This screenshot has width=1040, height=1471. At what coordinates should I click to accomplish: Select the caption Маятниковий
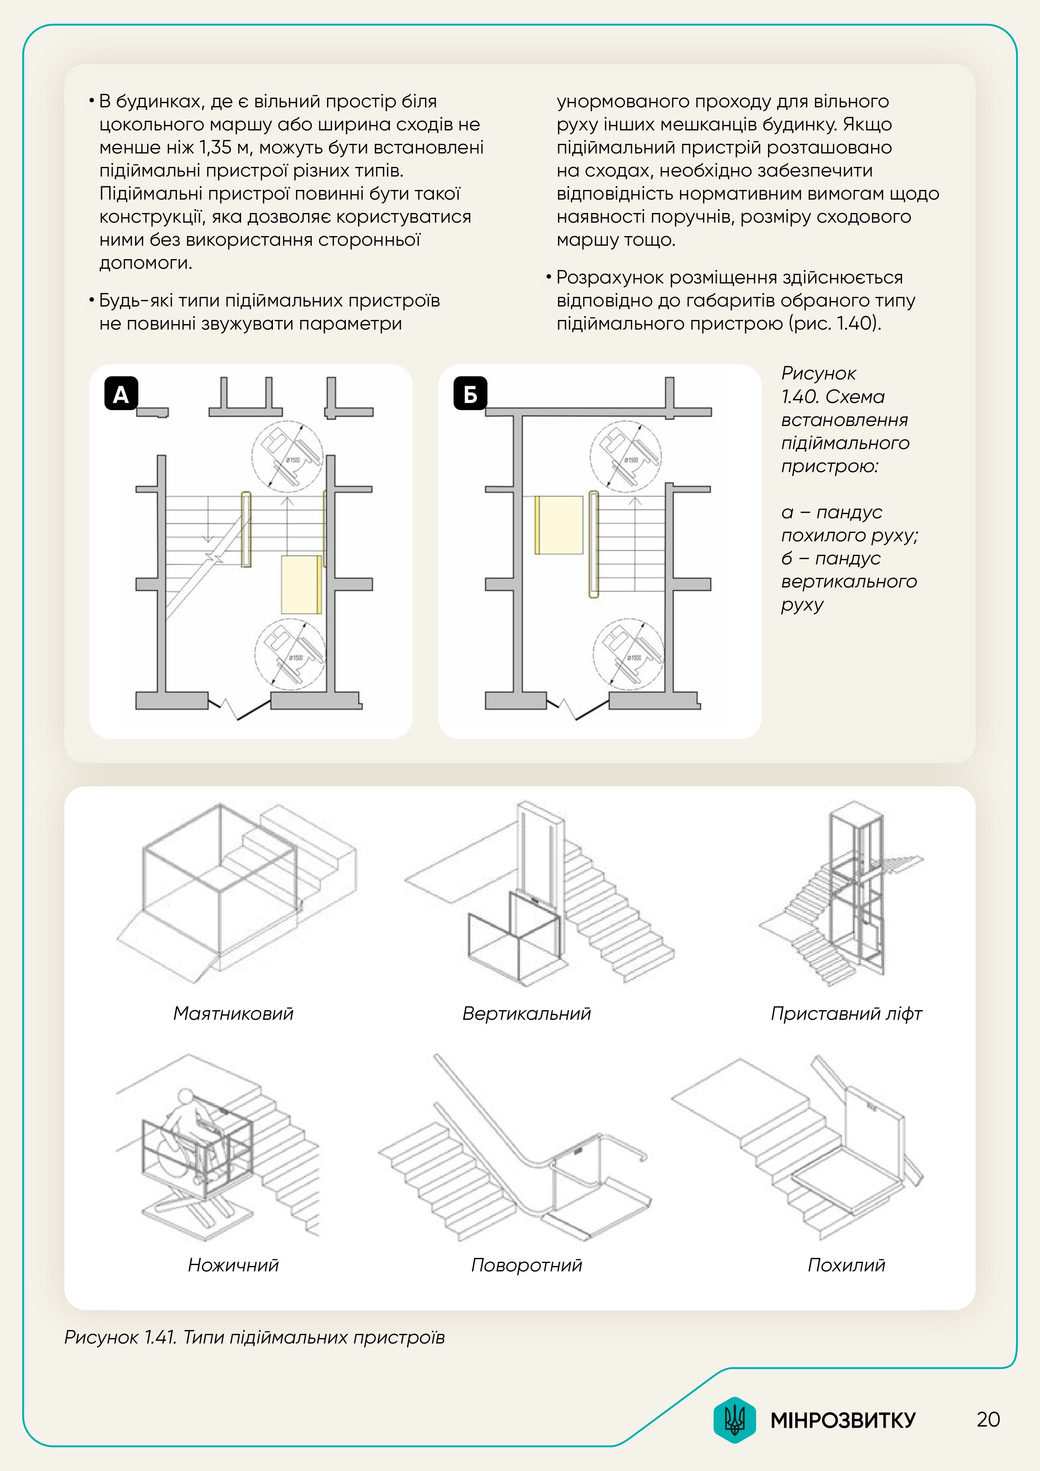pos(233,1013)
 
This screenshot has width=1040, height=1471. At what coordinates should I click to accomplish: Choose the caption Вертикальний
pos(526,1013)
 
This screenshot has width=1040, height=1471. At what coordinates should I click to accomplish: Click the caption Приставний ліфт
pos(846,1013)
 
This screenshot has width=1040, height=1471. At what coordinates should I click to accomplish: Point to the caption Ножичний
pos(233,1264)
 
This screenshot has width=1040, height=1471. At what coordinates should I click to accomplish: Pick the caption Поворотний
pos(526,1264)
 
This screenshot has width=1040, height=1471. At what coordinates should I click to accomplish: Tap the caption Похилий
pos(846,1264)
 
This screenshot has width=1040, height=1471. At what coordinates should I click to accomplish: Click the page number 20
pos(988,1419)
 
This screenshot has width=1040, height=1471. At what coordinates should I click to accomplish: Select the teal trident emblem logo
pos(734,1420)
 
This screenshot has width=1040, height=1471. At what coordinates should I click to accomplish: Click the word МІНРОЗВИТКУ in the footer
pos(843,1420)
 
